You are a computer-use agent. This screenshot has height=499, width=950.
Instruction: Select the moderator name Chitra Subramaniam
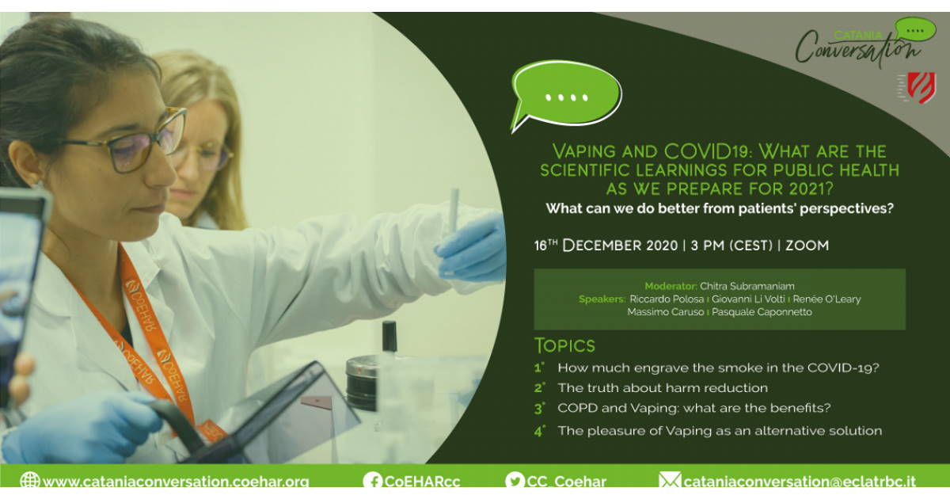coord(747,286)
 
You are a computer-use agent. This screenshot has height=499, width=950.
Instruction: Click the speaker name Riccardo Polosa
coord(667,299)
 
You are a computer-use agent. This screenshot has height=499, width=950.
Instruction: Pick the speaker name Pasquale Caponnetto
coord(762,312)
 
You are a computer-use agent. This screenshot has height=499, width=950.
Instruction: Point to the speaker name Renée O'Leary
coord(826,299)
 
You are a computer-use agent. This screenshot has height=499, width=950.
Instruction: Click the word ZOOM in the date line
coord(807,246)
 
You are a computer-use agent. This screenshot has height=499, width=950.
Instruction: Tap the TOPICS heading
coord(564,346)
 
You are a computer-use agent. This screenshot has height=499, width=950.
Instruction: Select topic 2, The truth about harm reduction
coord(663,388)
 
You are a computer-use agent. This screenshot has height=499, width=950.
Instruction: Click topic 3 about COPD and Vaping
coord(693,408)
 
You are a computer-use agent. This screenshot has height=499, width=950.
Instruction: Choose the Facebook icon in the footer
coord(372,482)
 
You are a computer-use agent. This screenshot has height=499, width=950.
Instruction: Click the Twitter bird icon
coord(515,482)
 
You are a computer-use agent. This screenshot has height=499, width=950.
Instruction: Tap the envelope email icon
coord(670,480)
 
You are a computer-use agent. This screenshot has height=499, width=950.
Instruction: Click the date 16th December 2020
coord(606,246)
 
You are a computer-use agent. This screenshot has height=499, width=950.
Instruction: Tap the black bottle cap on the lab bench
coord(389,336)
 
